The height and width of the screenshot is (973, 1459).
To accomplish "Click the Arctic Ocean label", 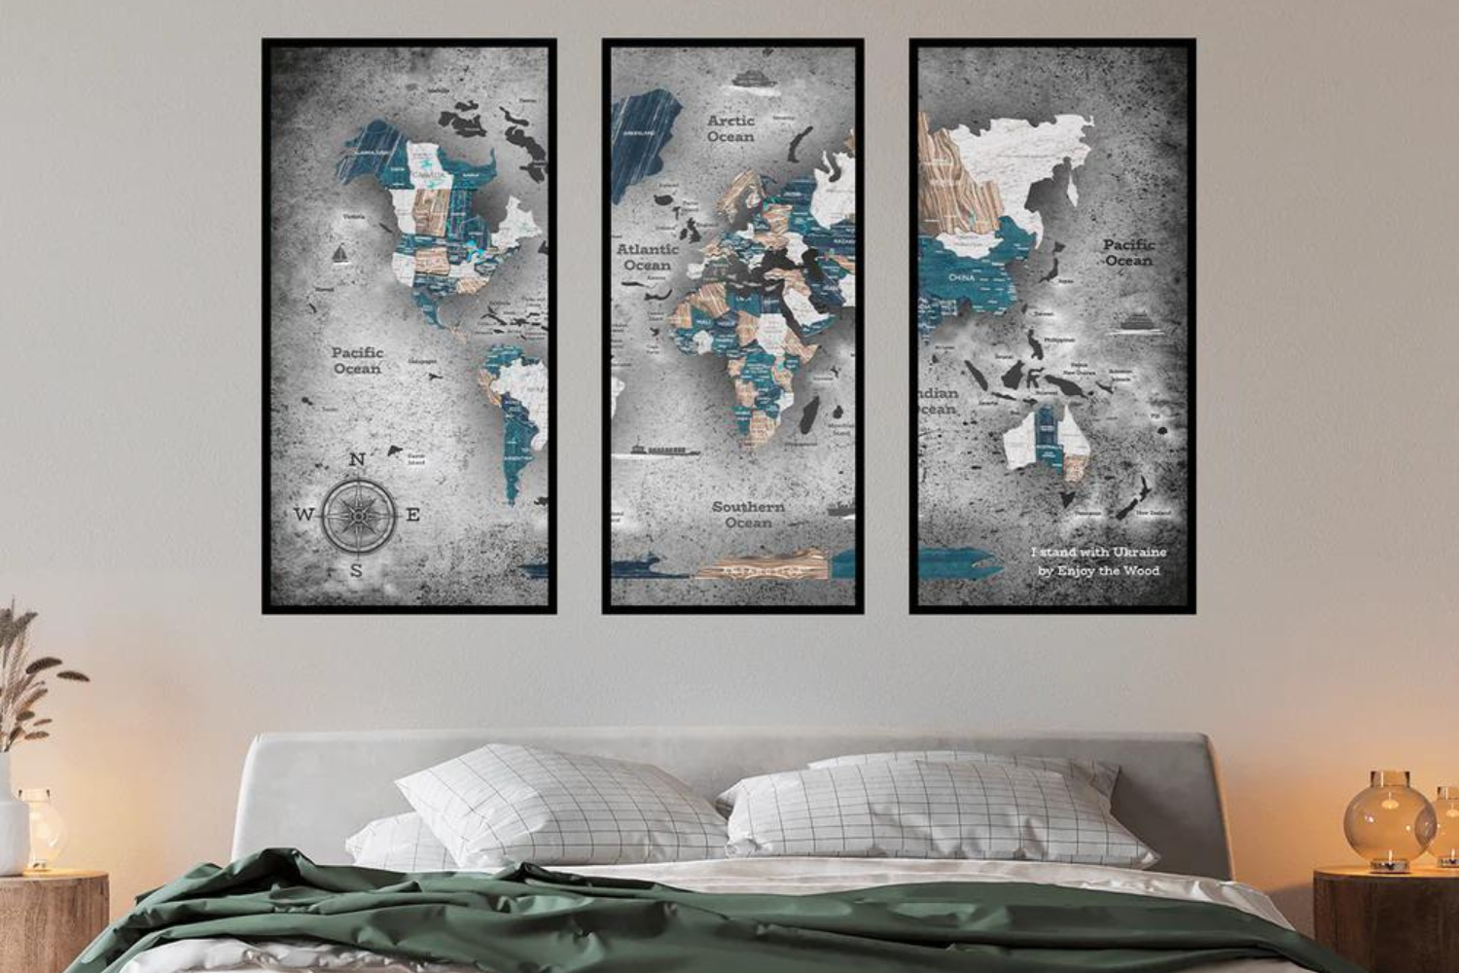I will coord(730,128).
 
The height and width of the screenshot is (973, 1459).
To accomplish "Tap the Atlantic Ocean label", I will coord(647,257).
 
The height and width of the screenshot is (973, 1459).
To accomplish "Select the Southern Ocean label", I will coord(748,515).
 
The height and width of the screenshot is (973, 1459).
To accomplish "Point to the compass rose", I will coord(358,514).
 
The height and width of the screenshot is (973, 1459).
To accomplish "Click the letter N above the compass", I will coord(357,460).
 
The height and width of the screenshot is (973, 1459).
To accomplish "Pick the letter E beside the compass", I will coord(412,515).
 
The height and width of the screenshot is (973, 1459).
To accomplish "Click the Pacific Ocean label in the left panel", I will coord(358,360).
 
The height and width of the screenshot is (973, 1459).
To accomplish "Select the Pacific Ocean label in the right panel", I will coord(1128,252).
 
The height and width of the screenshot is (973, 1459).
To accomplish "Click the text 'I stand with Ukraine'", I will coord(1098,553).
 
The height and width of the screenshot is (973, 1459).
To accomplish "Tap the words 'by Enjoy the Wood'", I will coord(1098,571).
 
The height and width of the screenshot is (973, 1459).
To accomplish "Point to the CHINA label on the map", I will coord(961,277).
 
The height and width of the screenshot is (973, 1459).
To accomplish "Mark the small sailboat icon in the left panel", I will coord(341,255).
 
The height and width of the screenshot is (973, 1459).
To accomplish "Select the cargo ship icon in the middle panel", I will coord(666,450).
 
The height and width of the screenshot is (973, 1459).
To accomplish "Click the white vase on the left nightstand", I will coord(12,817).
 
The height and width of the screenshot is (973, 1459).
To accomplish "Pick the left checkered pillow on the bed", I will coord(562,803).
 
